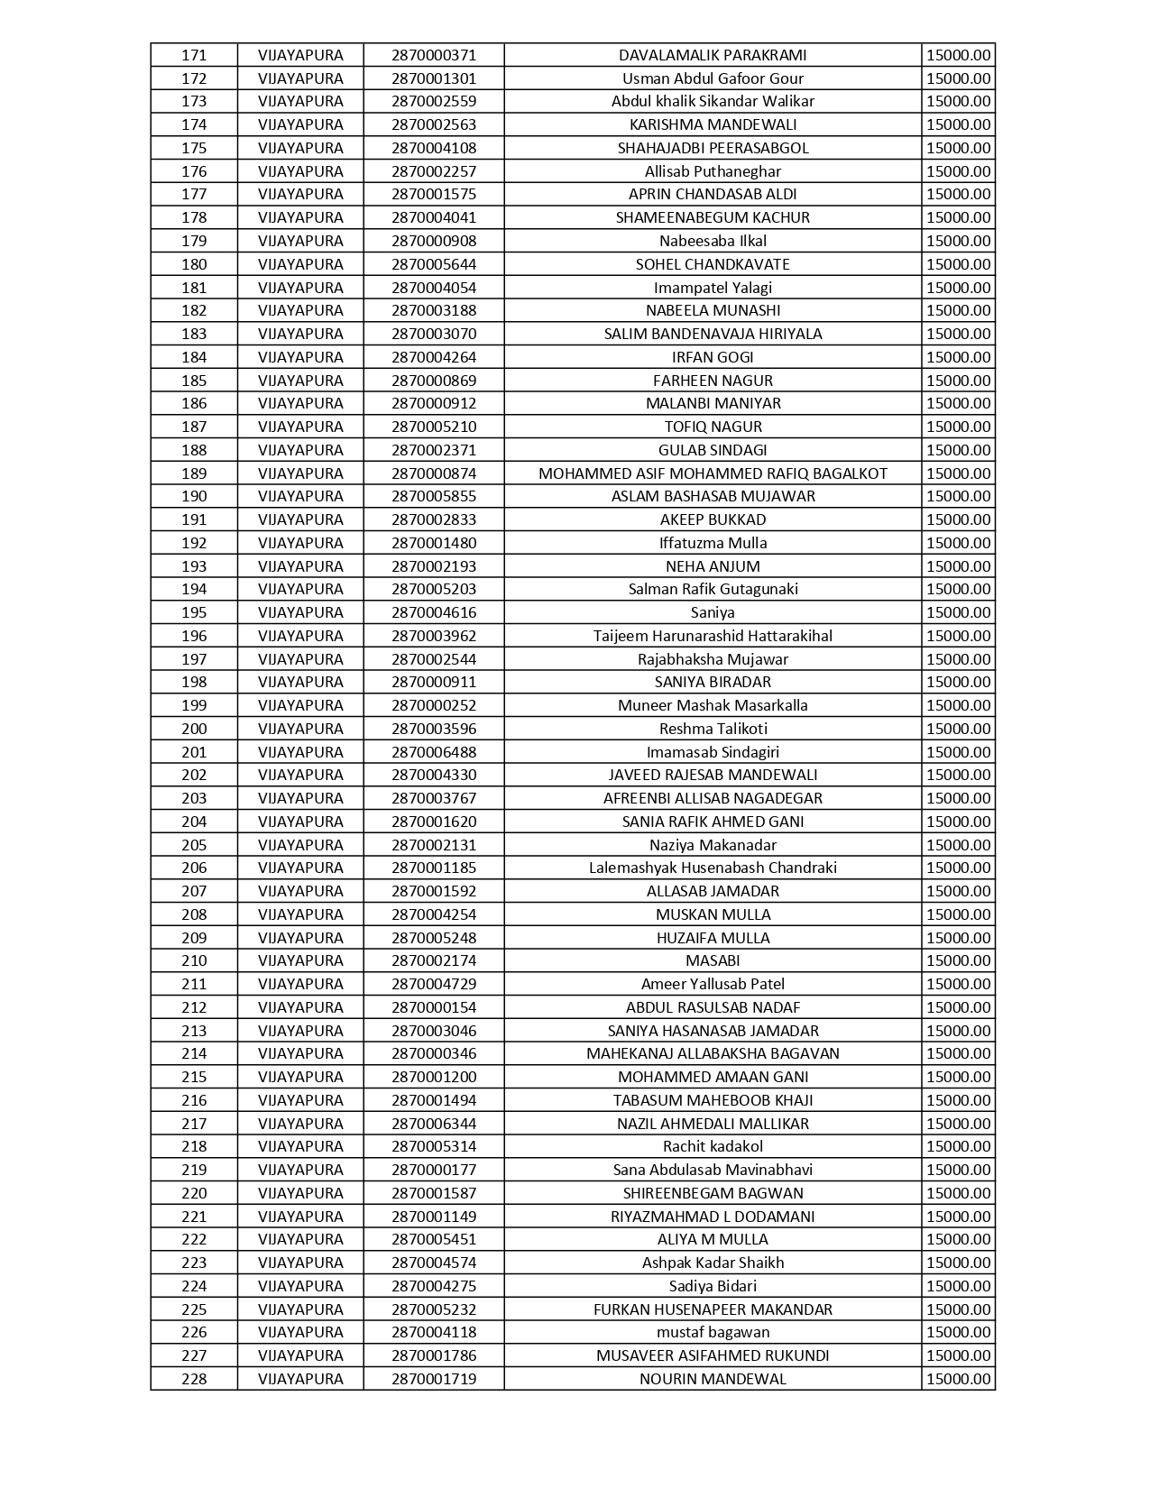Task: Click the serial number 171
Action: [x=194, y=55]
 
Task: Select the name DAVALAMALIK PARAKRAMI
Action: [x=713, y=55]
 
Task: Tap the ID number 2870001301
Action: [x=434, y=78]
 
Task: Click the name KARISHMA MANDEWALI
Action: [x=713, y=124]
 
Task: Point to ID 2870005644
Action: [x=434, y=264]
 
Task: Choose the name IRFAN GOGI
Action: [x=713, y=357]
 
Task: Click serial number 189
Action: [x=194, y=473]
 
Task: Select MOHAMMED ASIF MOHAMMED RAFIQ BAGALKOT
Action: [x=713, y=473]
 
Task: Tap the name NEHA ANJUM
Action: [x=713, y=566]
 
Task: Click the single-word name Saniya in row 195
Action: [x=713, y=612]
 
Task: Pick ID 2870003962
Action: [x=434, y=636]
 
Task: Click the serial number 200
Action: [x=194, y=729]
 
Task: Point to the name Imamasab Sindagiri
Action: [x=713, y=752]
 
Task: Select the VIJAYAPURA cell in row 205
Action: [x=300, y=845]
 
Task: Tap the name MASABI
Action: [x=713, y=960]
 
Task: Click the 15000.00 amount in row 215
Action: [x=958, y=1077]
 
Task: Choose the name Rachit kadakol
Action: [x=713, y=1146]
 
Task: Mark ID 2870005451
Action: [x=434, y=1239]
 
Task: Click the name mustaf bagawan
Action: [x=713, y=1332]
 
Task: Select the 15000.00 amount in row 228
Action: [x=958, y=1379]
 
